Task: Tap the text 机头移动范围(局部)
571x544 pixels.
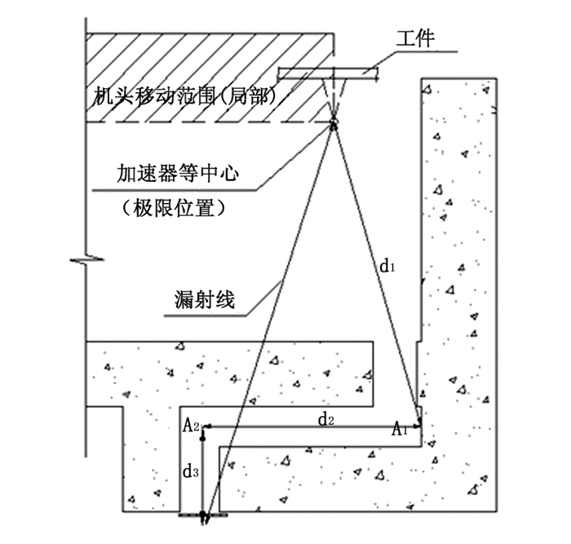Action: (x=184, y=97)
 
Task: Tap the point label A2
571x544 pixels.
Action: (x=191, y=425)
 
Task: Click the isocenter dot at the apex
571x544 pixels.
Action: (x=334, y=124)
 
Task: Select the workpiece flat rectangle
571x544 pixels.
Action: (x=329, y=73)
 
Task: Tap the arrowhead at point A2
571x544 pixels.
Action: (x=209, y=426)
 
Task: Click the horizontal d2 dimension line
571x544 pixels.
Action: (x=310, y=426)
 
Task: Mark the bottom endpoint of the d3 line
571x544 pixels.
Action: (x=206, y=515)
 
